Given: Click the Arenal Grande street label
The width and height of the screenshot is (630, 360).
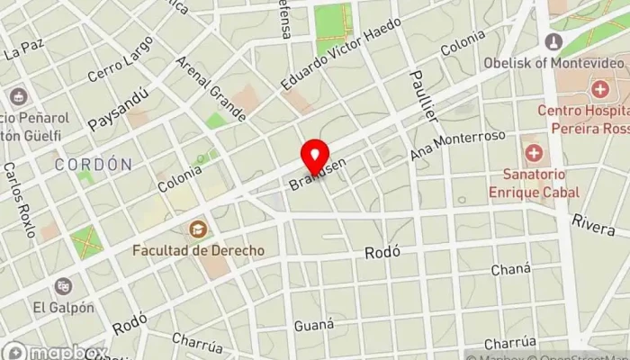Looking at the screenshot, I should click(x=211, y=90).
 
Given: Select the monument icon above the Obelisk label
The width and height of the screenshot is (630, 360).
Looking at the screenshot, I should click(x=554, y=41).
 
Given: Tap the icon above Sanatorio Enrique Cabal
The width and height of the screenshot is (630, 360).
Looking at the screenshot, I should click(x=534, y=152).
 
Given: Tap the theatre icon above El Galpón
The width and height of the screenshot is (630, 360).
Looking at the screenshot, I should click(x=63, y=286).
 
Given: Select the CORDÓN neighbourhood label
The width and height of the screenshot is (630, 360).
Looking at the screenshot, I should click(x=93, y=165).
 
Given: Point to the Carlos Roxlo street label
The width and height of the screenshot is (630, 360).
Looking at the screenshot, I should click(x=20, y=200).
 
